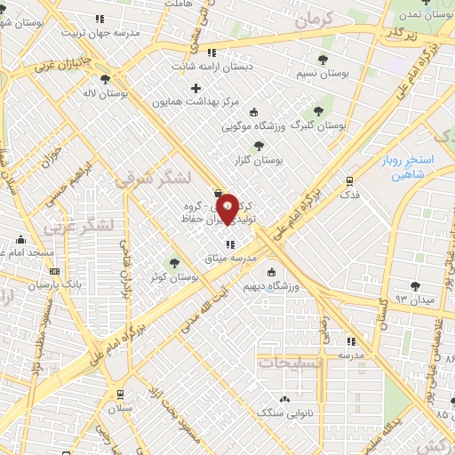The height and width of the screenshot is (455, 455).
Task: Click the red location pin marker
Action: coord(227,208)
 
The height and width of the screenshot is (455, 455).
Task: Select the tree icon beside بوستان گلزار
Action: coord(259,145)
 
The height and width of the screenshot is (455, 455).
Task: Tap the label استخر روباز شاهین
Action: coord(419,169)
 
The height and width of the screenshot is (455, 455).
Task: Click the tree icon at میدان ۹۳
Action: coord(415,285)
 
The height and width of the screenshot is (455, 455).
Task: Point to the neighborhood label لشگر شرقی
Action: coord(153,179)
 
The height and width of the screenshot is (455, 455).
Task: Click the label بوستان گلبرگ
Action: coord(314,127)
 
